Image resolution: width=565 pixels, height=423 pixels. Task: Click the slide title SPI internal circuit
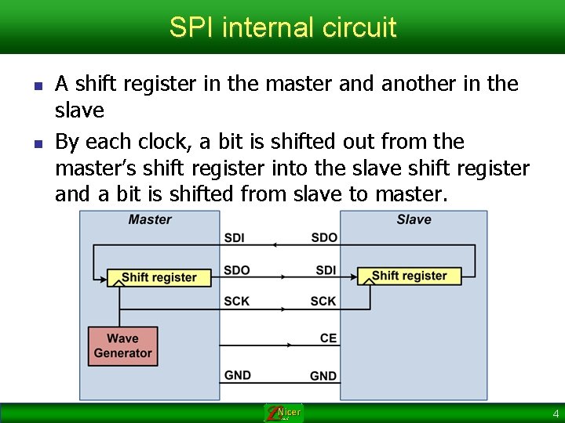coord(282,28)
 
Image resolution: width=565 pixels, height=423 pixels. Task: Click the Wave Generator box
coord(122,345)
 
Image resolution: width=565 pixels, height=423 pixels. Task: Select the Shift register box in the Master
coord(159,277)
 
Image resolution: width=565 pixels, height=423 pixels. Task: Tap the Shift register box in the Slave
coord(409,276)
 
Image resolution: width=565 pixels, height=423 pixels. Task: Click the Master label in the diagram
coord(150,219)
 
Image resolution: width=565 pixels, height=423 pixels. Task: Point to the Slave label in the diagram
coord(414,219)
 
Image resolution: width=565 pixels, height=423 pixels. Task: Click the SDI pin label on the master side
coord(234,237)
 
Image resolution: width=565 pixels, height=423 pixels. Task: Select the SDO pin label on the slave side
coord(324,237)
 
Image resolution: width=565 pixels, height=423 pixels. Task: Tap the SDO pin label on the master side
coord(236,269)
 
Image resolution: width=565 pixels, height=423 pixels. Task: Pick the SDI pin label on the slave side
coord(326,270)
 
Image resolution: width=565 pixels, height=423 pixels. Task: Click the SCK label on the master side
coord(236,301)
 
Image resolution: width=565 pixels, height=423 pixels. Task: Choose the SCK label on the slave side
coord(323,301)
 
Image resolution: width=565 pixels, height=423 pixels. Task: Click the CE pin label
coord(328,338)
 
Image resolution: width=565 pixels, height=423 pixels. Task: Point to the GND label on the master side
coord(238,375)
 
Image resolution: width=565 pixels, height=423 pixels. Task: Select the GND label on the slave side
coord(323,376)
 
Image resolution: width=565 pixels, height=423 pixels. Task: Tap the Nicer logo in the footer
coord(283,413)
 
